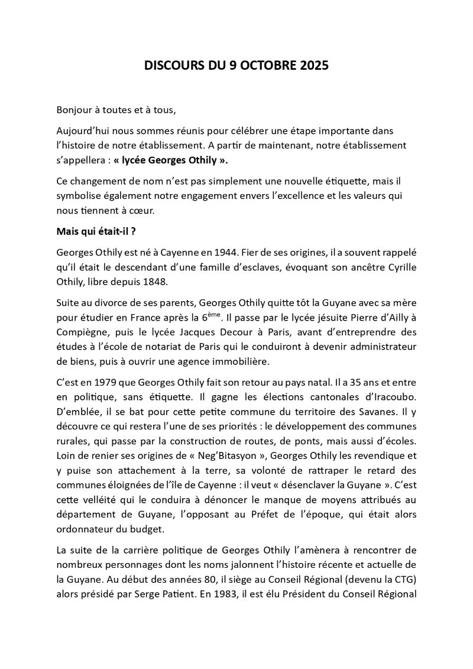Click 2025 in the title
click(x=313, y=67)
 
